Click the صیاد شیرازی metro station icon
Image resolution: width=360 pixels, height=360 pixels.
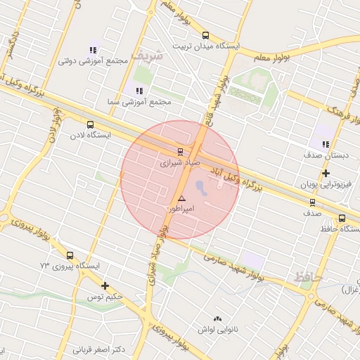pos(179,151)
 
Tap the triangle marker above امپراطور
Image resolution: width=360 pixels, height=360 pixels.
pos(182,199)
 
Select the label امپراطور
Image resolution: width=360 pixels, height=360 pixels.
pos(181,209)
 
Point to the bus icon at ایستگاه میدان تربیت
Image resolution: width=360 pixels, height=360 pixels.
pos(205,35)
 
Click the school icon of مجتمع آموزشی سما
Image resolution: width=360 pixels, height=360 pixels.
pos(139,91)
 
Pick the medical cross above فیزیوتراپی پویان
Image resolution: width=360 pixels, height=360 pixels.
pos(326,173)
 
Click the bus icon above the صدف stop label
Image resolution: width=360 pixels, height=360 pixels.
pos(312,202)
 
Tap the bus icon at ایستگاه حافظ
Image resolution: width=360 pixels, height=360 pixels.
pos(342,218)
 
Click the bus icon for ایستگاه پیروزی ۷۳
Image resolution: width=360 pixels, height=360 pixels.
pos(70,255)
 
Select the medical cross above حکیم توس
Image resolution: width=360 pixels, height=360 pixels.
pos(105,285)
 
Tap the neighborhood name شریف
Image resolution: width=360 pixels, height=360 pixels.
pos(150,54)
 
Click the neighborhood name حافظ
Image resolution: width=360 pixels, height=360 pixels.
pos(309,277)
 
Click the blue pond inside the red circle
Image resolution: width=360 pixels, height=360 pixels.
pos(200,188)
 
